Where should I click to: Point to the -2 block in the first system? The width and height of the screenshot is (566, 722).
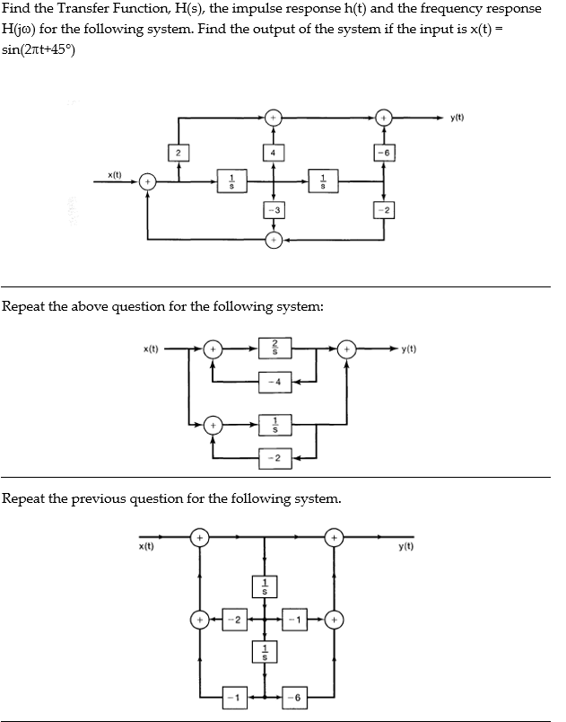[384, 210]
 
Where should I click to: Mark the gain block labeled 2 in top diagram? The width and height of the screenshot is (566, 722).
[178, 152]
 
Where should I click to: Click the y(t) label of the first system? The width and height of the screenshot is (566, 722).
[457, 118]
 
